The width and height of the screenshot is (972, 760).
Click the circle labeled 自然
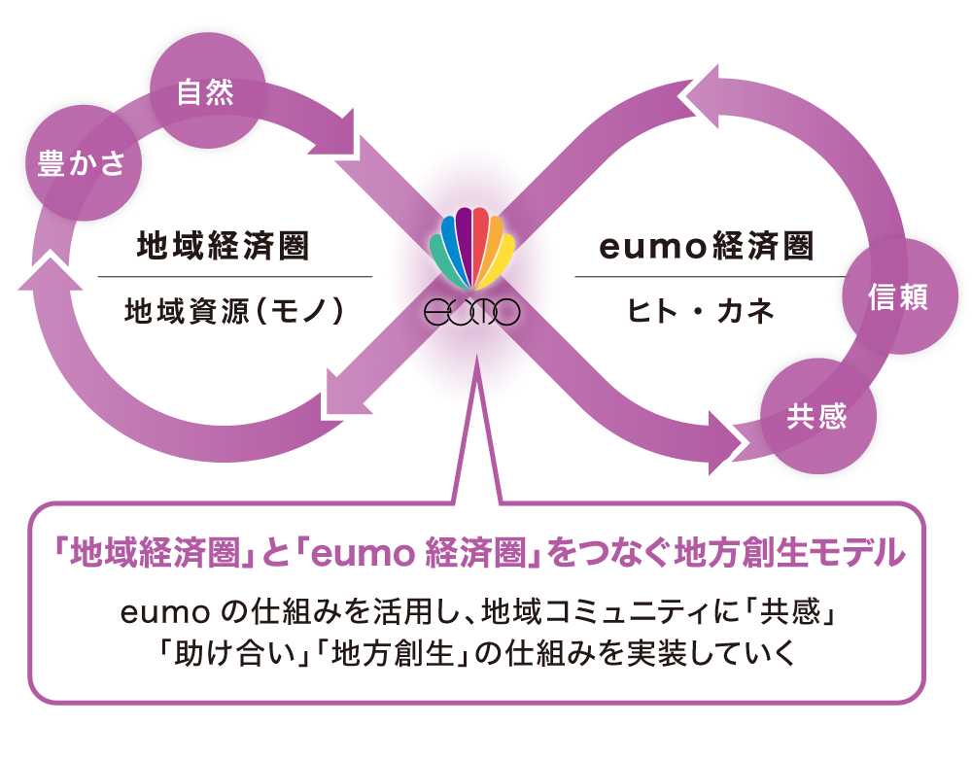(x=207, y=93)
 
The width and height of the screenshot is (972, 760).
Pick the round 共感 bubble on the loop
(x=817, y=416)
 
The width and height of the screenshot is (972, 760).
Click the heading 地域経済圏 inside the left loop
(x=224, y=247)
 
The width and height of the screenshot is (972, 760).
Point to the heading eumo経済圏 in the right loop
(x=706, y=247)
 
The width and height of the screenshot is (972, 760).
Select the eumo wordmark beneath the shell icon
(x=473, y=312)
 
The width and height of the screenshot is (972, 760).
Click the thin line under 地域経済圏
(x=234, y=277)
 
